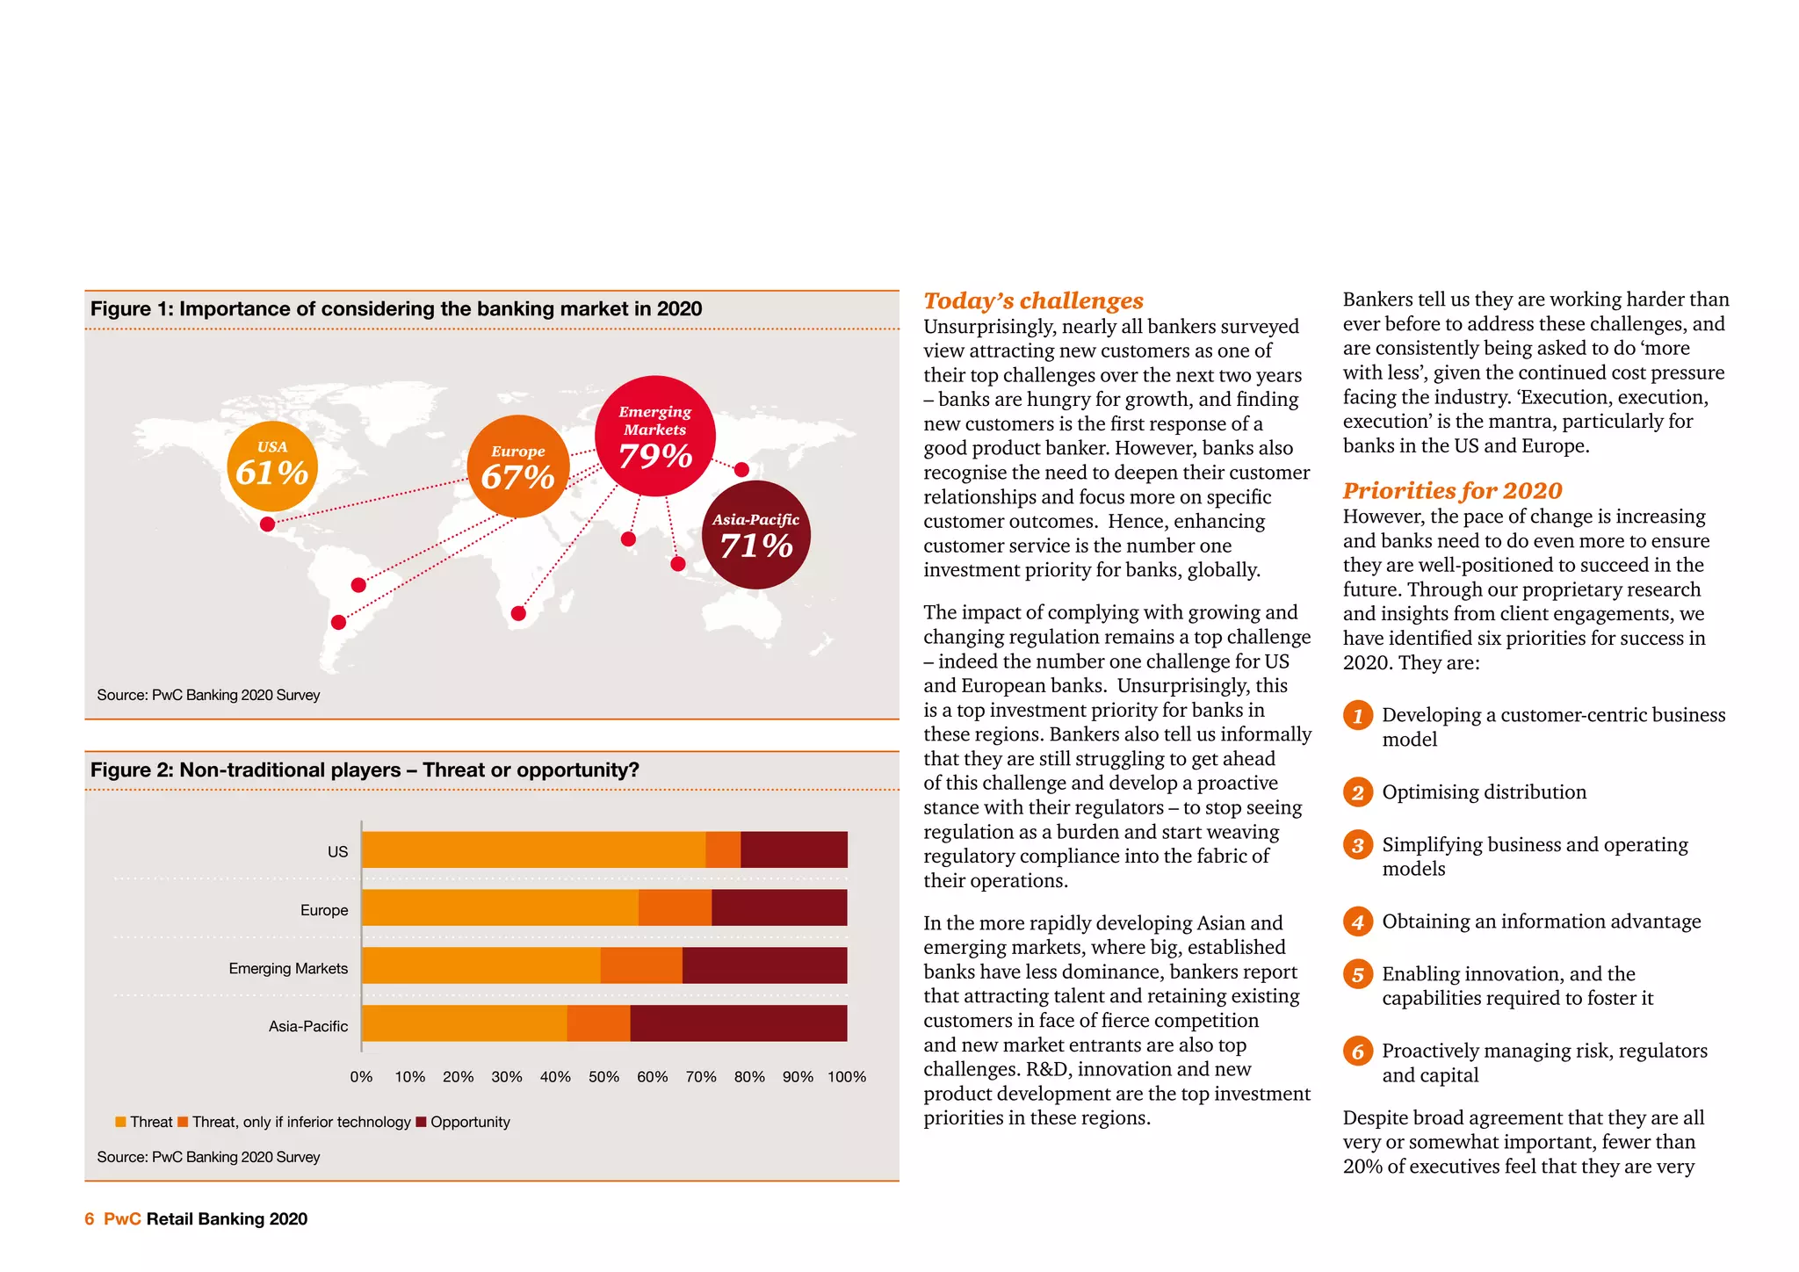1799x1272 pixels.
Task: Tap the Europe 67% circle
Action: [517, 467]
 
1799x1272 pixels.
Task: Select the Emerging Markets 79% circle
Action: [655, 437]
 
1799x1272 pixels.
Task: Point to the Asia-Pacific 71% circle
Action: [755, 535]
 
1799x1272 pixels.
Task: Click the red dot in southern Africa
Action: [518, 613]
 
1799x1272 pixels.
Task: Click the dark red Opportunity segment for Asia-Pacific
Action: [738, 1023]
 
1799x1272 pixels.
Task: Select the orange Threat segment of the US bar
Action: [533, 849]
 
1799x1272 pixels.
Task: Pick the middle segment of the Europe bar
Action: [675, 907]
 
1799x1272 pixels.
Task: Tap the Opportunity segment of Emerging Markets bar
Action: [764, 965]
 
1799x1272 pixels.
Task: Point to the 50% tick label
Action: [603, 1077]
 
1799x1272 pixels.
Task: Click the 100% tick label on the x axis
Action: [846, 1077]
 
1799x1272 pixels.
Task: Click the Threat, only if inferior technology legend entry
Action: [294, 1122]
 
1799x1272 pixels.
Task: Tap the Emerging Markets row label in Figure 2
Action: [288, 968]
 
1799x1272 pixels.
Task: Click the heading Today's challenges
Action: [1033, 300]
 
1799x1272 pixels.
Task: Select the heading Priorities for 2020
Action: [1452, 490]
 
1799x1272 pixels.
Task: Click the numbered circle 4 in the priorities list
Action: [1357, 921]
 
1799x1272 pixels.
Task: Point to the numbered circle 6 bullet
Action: [1357, 1051]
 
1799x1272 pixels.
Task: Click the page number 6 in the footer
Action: [89, 1218]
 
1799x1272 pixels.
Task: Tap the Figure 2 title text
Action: [365, 770]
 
